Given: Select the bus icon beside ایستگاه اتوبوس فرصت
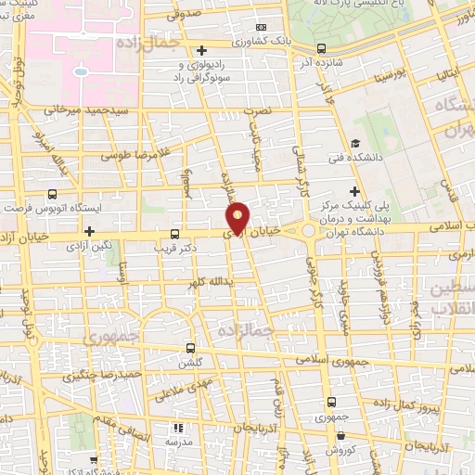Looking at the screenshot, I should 51,195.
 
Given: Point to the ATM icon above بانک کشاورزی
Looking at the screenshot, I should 261,28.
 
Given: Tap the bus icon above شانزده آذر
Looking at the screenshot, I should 321,48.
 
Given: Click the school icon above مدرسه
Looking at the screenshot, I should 176,429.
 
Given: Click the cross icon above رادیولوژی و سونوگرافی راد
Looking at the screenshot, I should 202,49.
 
